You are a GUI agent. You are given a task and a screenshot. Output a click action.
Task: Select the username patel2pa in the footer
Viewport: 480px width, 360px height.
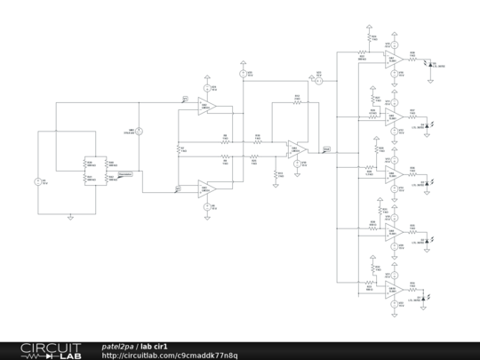point(117,346)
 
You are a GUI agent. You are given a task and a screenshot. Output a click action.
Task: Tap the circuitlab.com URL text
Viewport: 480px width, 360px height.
point(169,356)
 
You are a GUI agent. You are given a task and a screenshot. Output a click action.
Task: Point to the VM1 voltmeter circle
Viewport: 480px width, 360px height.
point(139,132)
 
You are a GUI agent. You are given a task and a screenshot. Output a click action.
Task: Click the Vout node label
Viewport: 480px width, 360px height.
point(327,149)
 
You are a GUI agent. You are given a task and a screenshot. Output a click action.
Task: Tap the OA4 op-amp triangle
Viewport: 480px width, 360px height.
point(294,149)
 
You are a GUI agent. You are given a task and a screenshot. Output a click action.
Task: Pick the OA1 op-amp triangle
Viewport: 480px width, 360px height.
point(207,188)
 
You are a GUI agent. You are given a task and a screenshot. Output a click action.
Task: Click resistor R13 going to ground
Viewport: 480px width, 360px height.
point(276,173)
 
